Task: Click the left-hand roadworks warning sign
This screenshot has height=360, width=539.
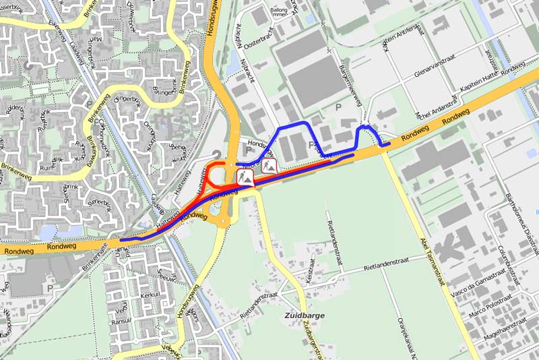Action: coord(245,177)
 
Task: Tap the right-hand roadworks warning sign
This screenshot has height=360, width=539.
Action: coord(271,165)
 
